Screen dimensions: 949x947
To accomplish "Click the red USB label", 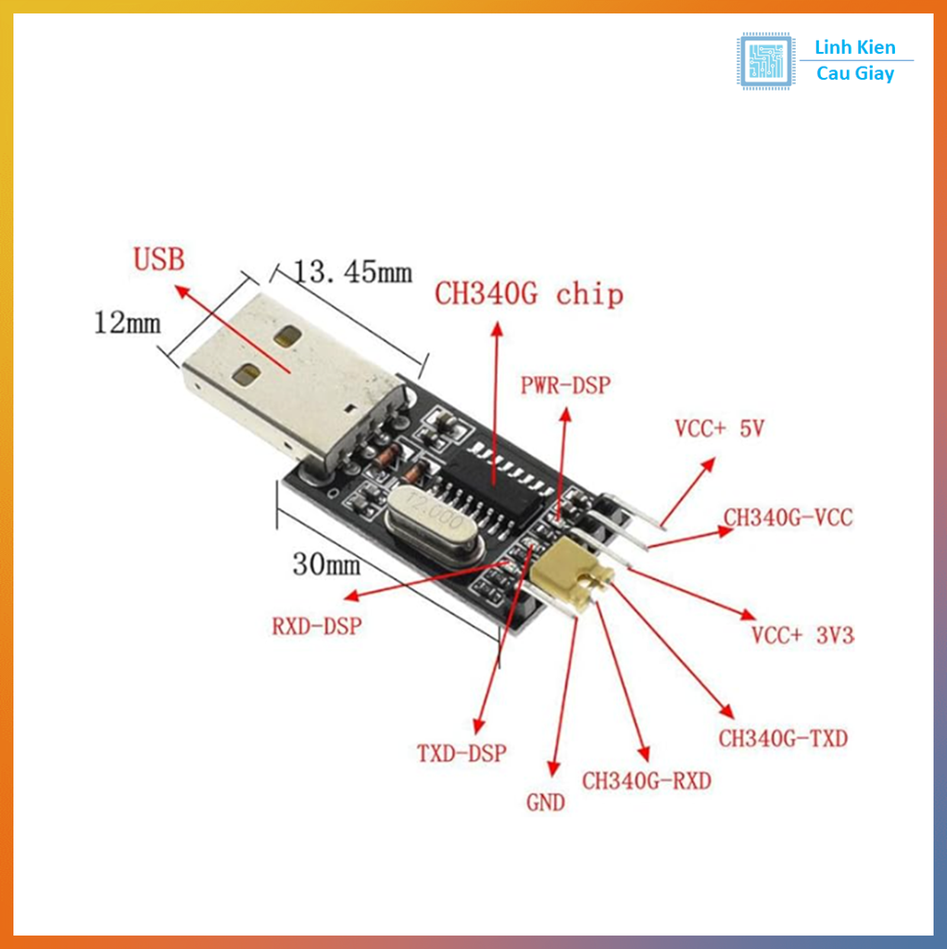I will pos(158,259).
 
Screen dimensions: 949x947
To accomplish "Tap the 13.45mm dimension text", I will pos(352,272).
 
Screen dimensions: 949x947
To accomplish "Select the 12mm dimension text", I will pos(127,323).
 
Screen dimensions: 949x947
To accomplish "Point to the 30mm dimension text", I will pos(326,563).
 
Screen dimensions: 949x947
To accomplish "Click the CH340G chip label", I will pos(529,295).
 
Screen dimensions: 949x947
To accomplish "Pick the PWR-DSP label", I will pos(565,385).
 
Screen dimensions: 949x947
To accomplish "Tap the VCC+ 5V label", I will pos(719,428).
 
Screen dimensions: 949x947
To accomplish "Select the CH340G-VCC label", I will pos(788,517).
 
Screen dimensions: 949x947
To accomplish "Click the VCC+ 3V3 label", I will pos(802,635).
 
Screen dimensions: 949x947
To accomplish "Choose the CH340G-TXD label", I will pos(783,739).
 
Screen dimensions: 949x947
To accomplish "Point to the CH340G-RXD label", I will pos(647,781).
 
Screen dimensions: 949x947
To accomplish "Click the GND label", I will pos(545,803).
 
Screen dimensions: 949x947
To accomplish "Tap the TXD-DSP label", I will pos(462,753).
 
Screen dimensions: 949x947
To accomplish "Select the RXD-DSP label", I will pos(316,626).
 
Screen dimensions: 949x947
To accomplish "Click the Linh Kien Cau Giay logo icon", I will pos(765,61).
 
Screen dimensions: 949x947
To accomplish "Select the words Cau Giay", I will pos(855,74).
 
